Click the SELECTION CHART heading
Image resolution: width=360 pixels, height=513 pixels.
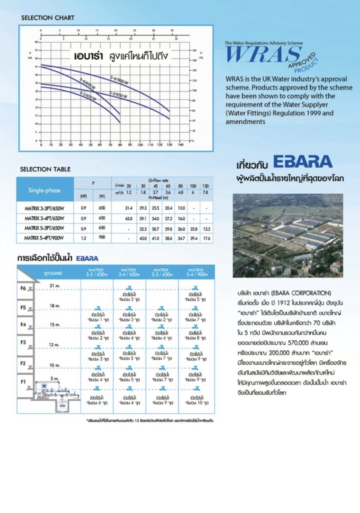click(x=47, y=18)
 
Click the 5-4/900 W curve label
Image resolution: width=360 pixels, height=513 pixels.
click(x=119, y=80)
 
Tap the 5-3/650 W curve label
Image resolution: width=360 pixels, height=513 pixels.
click(x=118, y=95)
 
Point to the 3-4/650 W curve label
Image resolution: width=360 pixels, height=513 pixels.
click(x=87, y=83)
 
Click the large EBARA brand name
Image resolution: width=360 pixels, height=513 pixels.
click(x=303, y=162)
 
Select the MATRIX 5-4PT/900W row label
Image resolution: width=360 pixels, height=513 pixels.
click(x=44, y=238)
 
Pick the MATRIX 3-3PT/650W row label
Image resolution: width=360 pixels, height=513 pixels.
click(x=44, y=208)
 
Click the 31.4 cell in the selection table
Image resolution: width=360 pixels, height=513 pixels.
click(x=128, y=208)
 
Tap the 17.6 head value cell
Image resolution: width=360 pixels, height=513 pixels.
click(x=206, y=238)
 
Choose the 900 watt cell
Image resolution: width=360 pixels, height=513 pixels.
click(x=102, y=237)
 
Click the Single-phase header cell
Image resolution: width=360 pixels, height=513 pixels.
click(x=44, y=190)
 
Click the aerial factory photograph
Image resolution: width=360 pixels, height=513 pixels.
click(x=288, y=235)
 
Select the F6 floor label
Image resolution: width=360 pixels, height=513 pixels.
click(x=23, y=288)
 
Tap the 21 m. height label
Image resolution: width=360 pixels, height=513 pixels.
click(x=55, y=286)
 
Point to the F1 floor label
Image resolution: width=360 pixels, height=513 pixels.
click(x=23, y=382)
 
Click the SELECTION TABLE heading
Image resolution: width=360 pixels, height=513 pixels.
click(x=45, y=169)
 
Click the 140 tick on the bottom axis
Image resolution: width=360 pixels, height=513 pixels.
click(x=181, y=145)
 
